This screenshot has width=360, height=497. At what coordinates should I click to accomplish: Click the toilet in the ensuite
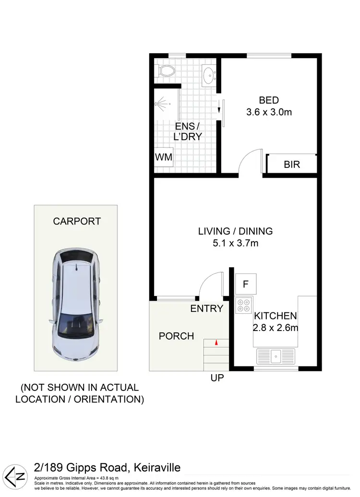tap(165, 71)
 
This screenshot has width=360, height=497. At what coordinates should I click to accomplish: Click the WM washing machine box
tap(163, 157)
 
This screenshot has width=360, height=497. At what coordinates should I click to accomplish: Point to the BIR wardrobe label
tap(292, 165)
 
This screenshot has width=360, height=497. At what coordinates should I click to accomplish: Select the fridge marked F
tap(245, 284)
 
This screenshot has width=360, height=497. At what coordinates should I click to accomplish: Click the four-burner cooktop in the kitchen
tap(244, 306)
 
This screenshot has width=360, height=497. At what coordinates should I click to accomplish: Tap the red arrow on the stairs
tap(216, 343)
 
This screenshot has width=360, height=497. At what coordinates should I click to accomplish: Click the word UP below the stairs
tap(217, 378)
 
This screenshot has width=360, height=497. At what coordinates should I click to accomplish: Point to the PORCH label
tap(176, 336)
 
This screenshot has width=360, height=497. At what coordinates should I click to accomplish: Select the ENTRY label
tap(207, 308)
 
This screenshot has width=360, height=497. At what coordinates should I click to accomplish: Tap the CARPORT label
tap(77, 222)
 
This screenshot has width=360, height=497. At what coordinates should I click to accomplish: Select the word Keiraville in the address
tap(150, 468)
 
